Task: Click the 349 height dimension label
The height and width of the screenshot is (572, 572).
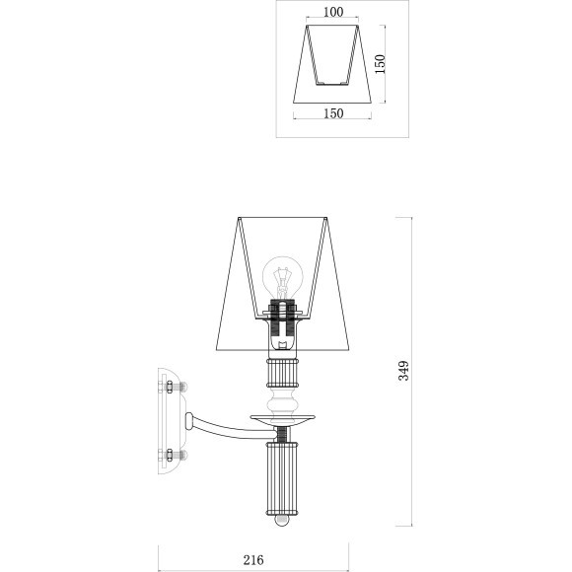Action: (x=403, y=371)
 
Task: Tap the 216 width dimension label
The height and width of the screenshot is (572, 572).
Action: (x=253, y=560)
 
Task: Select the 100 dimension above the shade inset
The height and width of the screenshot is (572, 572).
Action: (x=333, y=12)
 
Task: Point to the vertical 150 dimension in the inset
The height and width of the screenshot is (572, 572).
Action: (x=380, y=64)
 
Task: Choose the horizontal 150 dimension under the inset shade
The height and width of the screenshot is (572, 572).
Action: (x=333, y=113)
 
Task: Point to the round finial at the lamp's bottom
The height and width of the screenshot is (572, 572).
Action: (x=282, y=520)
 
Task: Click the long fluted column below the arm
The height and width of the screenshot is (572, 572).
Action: (x=282, y=478)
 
